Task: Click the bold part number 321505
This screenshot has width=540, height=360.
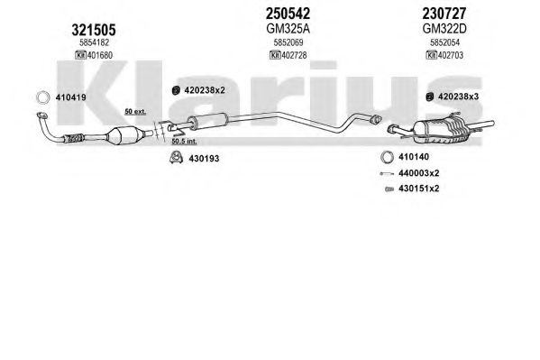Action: click(94, 30)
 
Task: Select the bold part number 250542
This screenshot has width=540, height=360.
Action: click(288, 14)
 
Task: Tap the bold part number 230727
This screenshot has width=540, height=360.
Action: click(444, 14)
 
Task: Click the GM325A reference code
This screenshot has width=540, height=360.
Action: click(288, 29)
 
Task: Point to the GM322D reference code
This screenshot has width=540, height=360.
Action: click(444, 29)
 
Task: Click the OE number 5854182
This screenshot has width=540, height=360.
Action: click(94, 42)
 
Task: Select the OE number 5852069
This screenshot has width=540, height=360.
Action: click(288, 42)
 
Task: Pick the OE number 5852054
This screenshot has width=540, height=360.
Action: click(444, 42)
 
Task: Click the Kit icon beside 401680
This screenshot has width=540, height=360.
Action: click(80, 55)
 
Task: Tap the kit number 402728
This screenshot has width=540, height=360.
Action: click(294, 55)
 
